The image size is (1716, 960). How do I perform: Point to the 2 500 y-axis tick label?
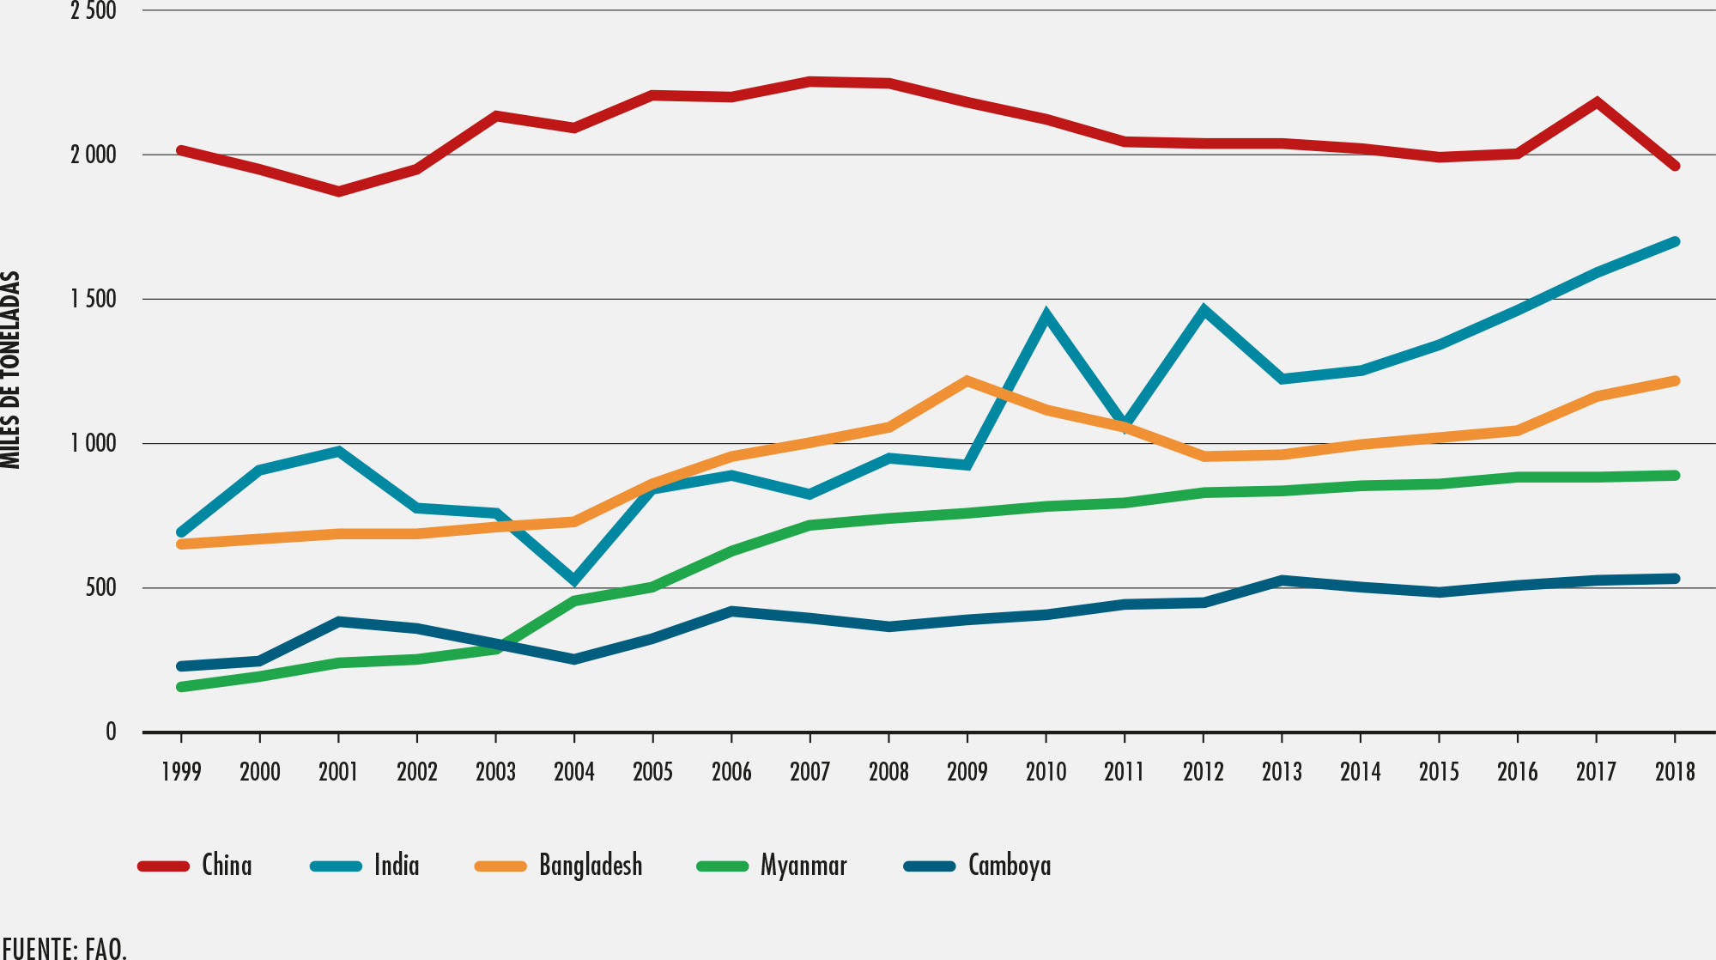(94, 11)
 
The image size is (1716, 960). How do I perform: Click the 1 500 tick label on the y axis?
(94, 300)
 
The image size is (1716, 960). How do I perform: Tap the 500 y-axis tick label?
(100, 588)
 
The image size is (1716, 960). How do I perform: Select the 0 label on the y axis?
(111, 732)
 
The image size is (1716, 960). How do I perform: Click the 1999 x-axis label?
(181, 772)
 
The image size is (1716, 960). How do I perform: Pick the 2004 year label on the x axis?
(574, 772)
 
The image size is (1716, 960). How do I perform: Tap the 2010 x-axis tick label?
(1046, 772)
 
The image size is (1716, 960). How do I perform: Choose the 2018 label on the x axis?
(1675, 772)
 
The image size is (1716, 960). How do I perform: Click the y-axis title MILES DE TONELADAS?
(10, 369)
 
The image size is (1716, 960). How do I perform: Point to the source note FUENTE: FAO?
(64, 949)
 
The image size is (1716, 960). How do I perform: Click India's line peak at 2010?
(1046, 315)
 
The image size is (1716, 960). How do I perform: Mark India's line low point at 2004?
(574, 580)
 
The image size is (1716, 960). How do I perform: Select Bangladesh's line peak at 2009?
(967, 380)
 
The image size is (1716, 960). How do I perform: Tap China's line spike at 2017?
(1596, 102)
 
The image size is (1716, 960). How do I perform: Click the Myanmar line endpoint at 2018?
(1675, 476)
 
